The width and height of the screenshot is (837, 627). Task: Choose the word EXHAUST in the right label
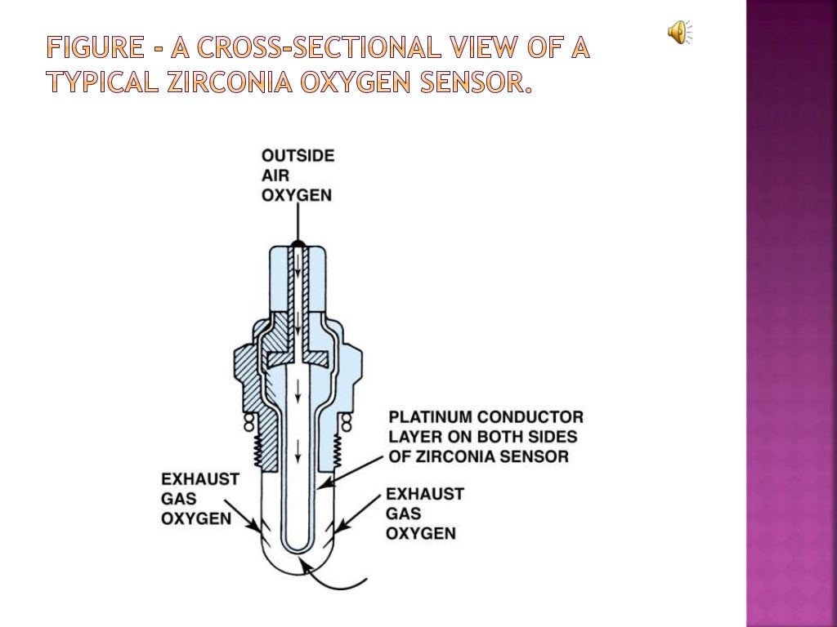point(425,494)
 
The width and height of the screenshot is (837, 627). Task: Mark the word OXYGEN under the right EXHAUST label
point(421,533)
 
